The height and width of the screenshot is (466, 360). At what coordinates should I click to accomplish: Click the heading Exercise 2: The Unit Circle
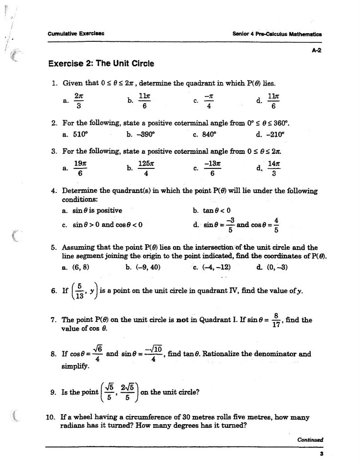[x=101, y=63]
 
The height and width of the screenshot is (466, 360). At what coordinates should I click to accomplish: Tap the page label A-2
[x=317, y=51]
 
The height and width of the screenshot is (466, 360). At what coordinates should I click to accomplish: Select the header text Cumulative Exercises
[x=76, y=34]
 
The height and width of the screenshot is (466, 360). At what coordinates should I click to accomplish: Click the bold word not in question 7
[x=182, y=319]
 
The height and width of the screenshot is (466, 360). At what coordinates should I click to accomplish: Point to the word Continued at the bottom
[x=309, y=440]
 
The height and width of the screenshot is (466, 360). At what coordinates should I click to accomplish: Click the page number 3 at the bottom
[x=321, y=454]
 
